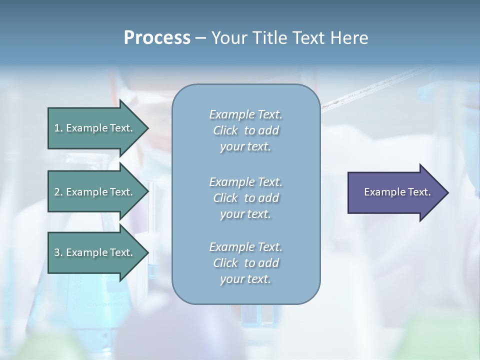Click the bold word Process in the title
[x=157, y=38]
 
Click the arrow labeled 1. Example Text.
[x=95, y=128]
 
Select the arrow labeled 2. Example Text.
[x=95, y=192]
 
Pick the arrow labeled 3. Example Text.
[x=95, y=252]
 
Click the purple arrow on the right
[x=395, y=192]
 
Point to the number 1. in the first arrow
[x=58, y=128]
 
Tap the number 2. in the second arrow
[x=58, y=192]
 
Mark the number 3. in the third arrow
[x=58, y=252]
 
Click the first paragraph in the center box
[x=245, y=130]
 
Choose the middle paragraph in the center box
[x=245, y=197]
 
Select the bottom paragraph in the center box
[x=245, y=263]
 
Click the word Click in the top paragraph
[x=225, y=131]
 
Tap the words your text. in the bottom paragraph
[x=245, y=279]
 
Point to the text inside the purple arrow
[x=397, y=192]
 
